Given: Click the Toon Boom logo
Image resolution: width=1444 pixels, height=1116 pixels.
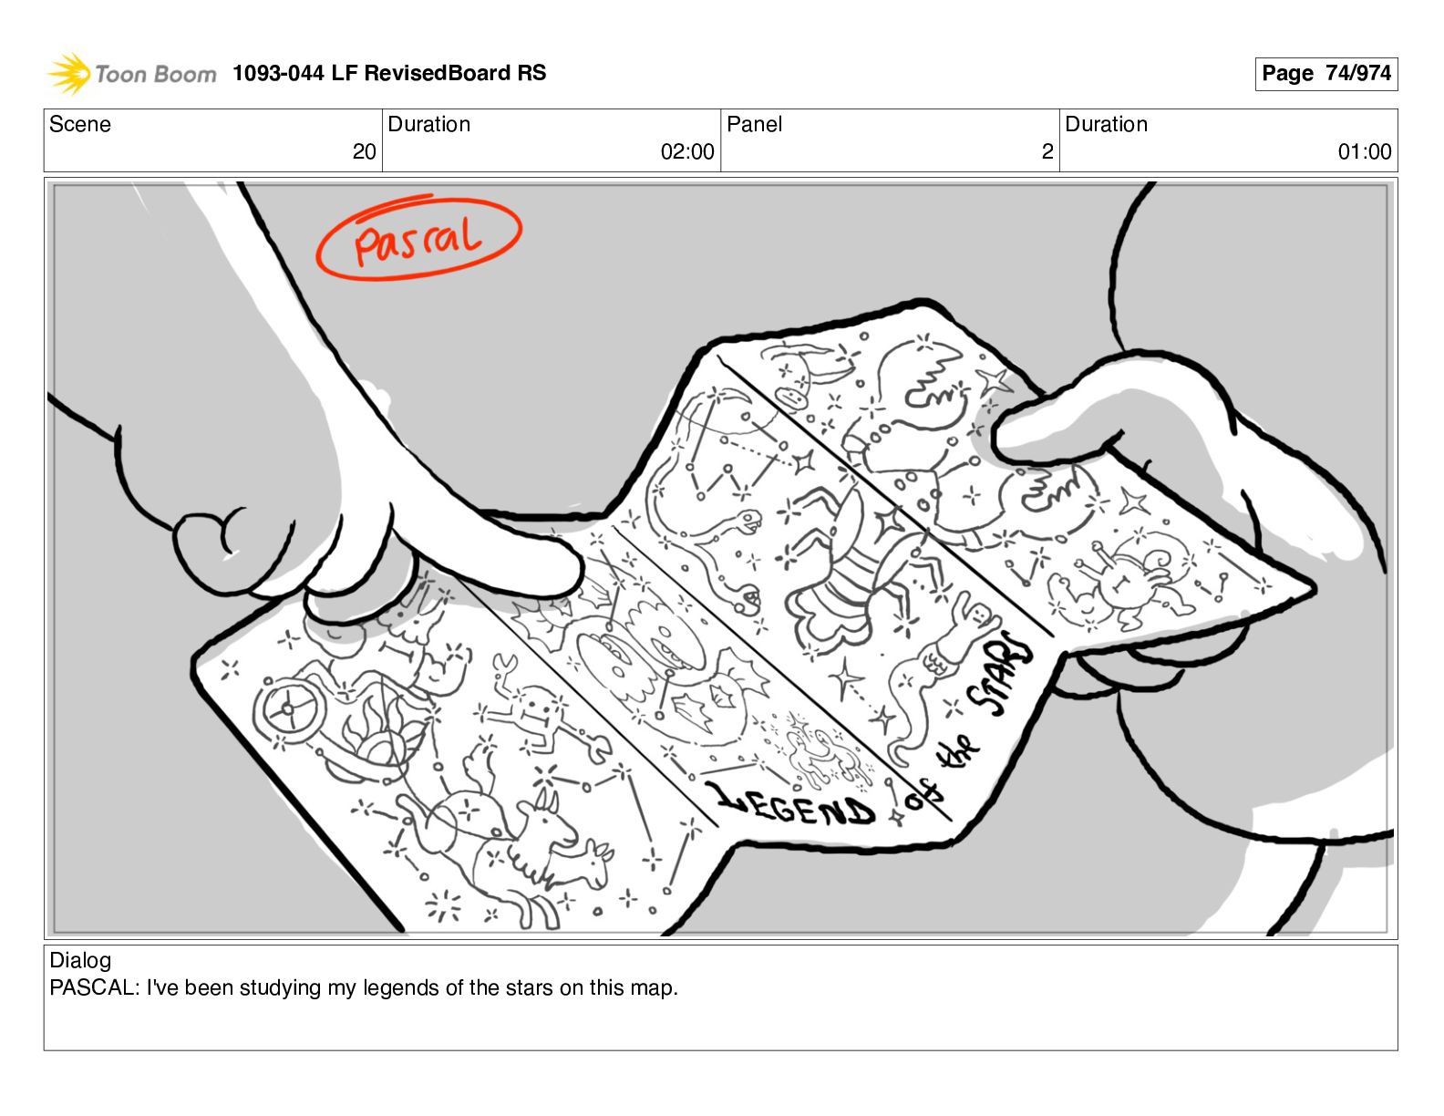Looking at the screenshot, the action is [x=132, y=74].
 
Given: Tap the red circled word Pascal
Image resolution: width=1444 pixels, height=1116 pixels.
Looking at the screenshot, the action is [x=418, y=237].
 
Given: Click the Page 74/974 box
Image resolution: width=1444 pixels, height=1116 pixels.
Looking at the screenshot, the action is [x=1325, y=74].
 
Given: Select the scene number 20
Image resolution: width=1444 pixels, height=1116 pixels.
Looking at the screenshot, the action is [x=364, y=151].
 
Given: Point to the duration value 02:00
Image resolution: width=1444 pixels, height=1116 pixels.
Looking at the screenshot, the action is [x=687, y=151].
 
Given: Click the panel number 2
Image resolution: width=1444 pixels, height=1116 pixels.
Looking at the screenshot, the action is [x=1047, y=151].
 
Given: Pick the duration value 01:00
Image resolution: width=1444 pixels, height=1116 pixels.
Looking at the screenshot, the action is [x=1365, y=151].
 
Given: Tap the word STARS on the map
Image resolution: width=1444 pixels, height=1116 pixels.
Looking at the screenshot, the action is [x=1001, y=675].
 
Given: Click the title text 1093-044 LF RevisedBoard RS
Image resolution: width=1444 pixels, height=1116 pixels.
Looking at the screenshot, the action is [x=389, y=73].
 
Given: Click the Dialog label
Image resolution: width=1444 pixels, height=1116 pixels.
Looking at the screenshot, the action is [x=80, y=960].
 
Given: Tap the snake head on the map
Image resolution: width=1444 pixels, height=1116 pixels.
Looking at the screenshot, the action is [x=749, y=521].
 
